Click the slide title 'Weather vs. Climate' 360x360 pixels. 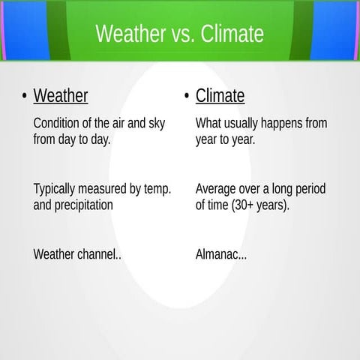180,34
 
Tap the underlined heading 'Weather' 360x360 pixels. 61,96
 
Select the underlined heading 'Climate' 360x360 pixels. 220,96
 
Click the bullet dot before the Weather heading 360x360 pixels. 25,97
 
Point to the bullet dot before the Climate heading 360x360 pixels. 186,97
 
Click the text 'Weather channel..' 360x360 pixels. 77,254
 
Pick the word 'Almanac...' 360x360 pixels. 221,254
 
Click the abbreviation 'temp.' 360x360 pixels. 157,188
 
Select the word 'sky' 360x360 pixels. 156,123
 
